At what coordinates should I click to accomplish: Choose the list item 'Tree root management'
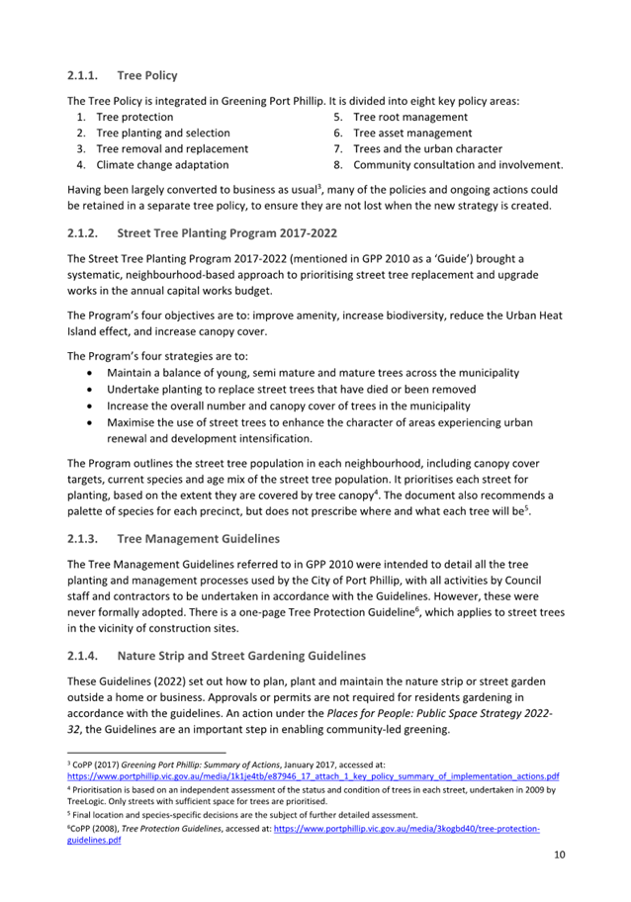(409, 117)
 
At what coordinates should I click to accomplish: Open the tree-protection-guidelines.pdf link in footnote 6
(406, 828)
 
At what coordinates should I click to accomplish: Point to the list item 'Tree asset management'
(412, 133)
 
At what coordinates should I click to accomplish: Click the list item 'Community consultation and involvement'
(458, 164)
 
